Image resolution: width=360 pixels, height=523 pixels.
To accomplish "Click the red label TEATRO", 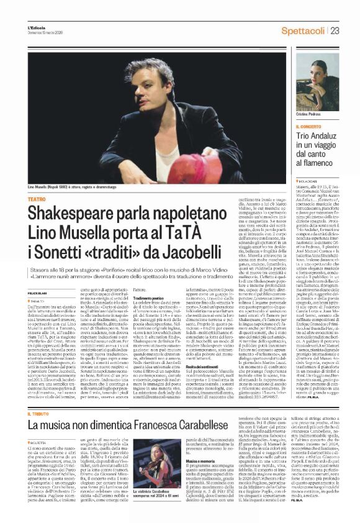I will click(37, 199).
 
